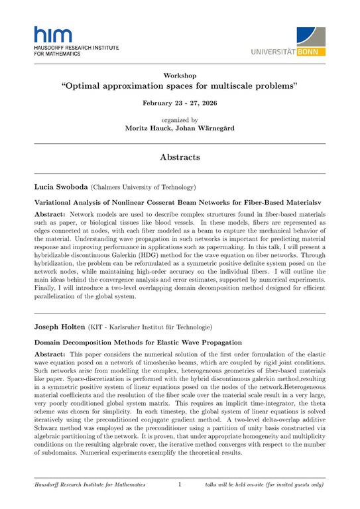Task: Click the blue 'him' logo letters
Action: click(49, 36)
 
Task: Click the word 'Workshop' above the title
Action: click(180, 76)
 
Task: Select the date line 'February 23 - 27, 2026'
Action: click(180, 104)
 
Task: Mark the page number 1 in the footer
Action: click(180, 485)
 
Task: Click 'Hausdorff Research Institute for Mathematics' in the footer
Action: click(90, 485)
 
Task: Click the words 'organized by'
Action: click(180, 120)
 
